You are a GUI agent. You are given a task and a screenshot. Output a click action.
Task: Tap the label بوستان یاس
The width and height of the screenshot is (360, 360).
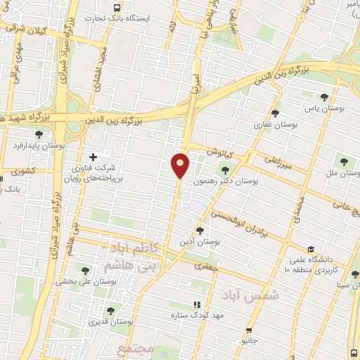point(323,109)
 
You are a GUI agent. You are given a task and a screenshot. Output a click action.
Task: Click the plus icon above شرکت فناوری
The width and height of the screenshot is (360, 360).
point(93,156)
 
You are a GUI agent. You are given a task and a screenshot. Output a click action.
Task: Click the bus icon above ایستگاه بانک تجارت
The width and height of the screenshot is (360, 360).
point(115,6)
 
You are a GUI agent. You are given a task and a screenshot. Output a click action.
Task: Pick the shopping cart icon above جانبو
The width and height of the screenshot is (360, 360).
point(249,330)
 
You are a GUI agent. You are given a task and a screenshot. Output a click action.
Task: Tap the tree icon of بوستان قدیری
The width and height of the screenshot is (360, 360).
point(110,311)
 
